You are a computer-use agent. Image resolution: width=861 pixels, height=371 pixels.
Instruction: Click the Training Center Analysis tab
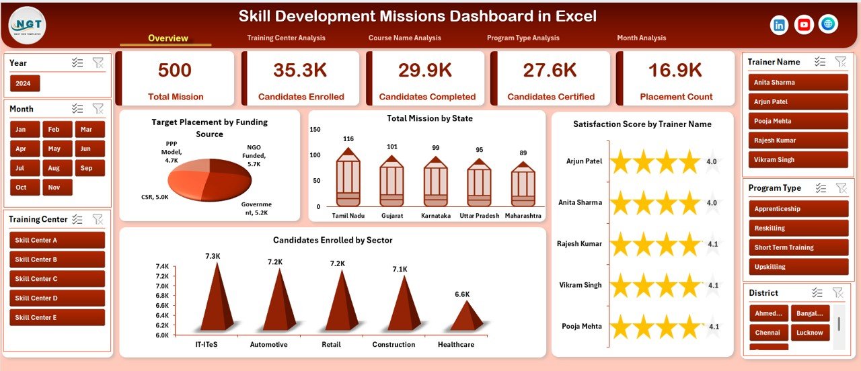pyautogui.click(x=286, y=38)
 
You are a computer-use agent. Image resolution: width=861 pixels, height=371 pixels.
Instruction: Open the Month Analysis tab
pyautogui.click(x=641, y=38)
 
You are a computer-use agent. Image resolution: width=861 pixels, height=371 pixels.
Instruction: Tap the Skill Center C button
pyautogui.click(x=57, y=279)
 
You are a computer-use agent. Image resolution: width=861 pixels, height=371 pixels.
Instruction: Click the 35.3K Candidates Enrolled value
pyautogui.click(x=300, y=71)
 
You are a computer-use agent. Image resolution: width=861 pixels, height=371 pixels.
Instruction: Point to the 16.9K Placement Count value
pyautogui.click(x=675, y=71)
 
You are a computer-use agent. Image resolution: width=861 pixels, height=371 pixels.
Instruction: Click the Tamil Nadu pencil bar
pyautogui.click(x=348, y=177)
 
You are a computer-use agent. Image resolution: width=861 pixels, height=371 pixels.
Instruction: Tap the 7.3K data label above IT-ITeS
pyautogui.click(x=213, y=256)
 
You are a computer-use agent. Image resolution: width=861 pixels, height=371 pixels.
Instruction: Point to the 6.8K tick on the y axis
pyautogui.click(x=162, y=296)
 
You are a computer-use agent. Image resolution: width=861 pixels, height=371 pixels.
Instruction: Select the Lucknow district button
pyautogui.click(x=810, y=333)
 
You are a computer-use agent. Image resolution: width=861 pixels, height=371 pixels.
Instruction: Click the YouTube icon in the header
pyautogui.click(x=804, y=25)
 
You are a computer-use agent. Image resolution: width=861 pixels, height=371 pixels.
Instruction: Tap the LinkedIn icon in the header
pyautogui.click(x=780, y=25)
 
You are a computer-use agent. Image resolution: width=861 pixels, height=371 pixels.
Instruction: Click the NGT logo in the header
pyautogui.click(x=28, y=25)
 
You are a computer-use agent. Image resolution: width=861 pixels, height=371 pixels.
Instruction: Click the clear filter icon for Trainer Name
pyautogui.click(x=841, y=62)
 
